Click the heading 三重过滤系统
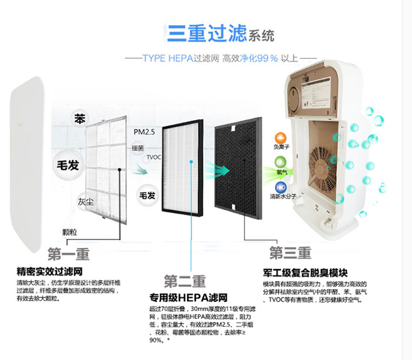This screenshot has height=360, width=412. pos(220,34)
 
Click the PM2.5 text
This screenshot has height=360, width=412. pos(145,132)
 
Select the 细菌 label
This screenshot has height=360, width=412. pos(138,148)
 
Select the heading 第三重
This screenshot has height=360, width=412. pos(290,252)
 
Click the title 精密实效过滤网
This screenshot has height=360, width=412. pos(49,271)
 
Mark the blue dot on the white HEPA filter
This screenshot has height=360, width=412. pos(191,162)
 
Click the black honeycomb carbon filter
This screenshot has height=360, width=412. pos(239,165)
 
